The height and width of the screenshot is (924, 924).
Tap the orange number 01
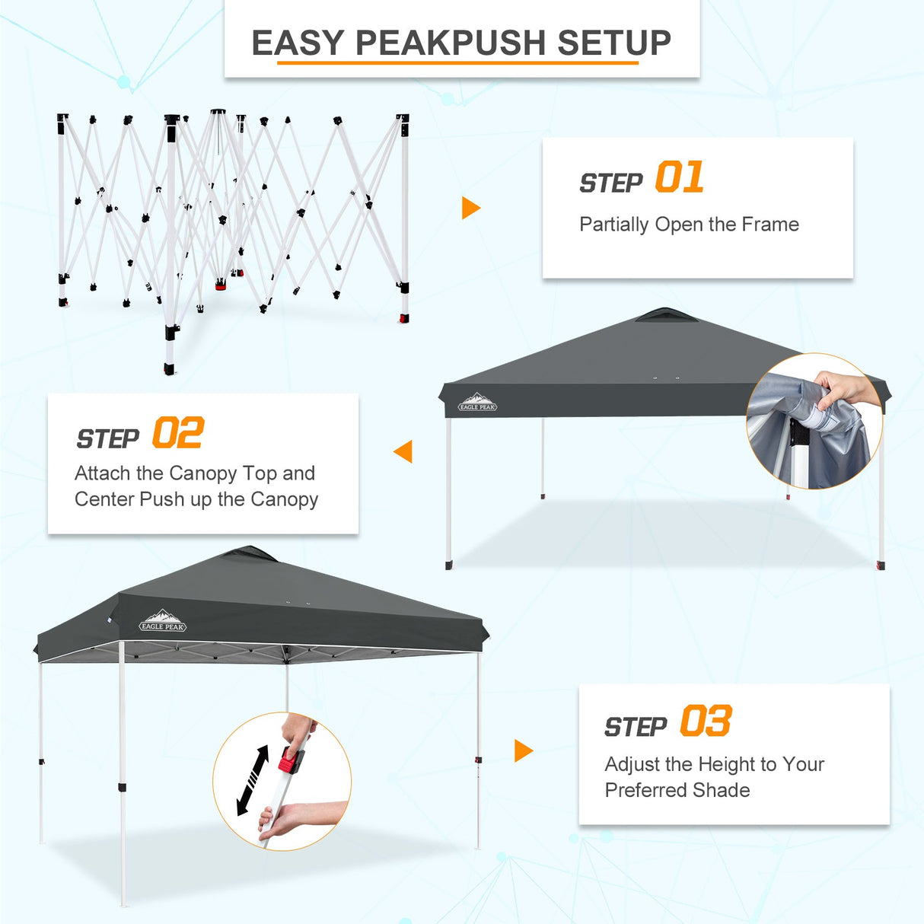[679, 178]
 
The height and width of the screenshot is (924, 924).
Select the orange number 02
[177, 434]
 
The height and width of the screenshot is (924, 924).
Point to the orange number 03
[706, 722]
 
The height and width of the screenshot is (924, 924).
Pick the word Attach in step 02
[103, 473]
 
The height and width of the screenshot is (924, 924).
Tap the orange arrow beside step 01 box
[470, 208]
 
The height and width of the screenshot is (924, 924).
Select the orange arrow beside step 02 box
[403, 451]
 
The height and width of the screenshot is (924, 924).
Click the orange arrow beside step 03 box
[523, 750]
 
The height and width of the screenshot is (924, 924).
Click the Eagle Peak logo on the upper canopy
[477, 403]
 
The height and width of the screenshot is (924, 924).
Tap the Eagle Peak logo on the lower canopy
[163, 622]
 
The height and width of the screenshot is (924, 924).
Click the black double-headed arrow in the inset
[253, 780]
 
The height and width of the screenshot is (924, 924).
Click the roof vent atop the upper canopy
[665, 315]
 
